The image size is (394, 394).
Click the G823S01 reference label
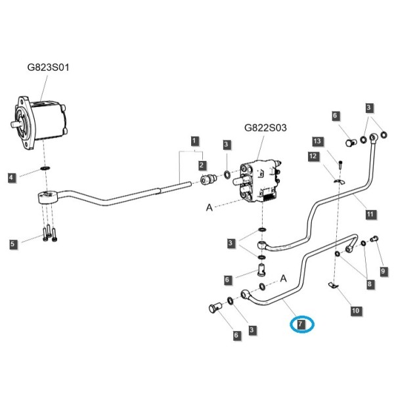[48, 68]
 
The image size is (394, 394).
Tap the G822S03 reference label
[265, 128]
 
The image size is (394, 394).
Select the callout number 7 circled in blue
[301, 324]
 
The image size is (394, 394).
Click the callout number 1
[194, 141]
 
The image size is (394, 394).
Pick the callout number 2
[202, 165]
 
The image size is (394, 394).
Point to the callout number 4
[11, 178]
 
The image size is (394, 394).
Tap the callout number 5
[12, 244]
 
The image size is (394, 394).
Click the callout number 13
[317, 141]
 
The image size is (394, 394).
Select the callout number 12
[313, 156]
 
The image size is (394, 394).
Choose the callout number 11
[370, 214]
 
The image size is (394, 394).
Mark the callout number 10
[356, 311]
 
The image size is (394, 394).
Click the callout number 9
[383, 271]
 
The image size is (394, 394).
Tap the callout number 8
[370, 284]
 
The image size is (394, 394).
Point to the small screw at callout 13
[340, 165]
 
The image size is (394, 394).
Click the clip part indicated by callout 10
[334, 285]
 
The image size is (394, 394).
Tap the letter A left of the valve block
[209, 208]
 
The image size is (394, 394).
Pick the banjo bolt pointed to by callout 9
[375, 238]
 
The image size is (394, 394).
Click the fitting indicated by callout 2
[208, 179]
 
